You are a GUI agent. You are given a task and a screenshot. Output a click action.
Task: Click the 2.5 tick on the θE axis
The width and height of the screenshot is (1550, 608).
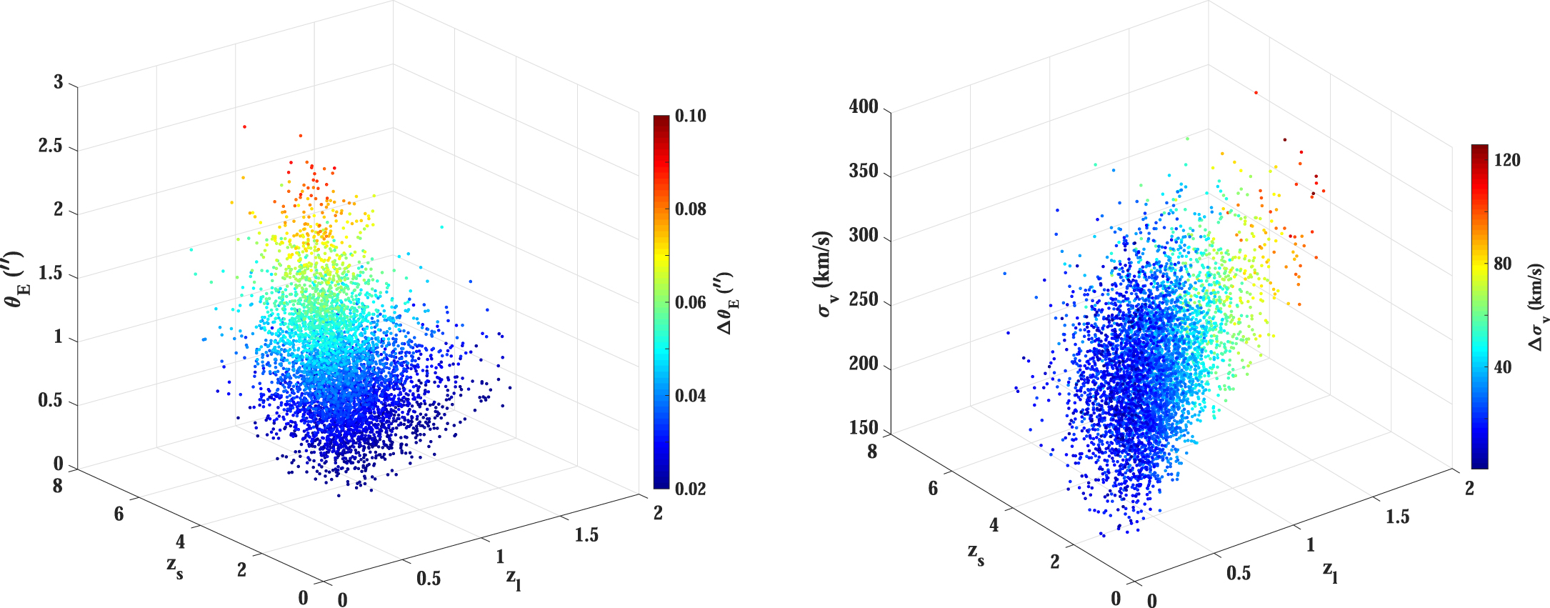coord(49,147)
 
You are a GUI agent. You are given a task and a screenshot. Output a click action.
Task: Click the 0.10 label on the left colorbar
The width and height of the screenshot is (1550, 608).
coord(690,116)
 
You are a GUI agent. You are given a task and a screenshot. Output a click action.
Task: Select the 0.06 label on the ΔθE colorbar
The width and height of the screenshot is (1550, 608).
coord(690,303)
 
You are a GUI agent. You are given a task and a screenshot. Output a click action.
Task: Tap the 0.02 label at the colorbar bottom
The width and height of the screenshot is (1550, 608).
coord(690,489)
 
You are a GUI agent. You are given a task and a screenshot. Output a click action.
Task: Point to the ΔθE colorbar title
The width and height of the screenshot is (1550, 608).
coord(729,303)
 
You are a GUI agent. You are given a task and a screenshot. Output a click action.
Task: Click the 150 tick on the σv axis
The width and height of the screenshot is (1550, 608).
coord(863,428)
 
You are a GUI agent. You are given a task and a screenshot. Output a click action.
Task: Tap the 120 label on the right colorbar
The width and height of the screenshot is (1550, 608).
coord(1507,161)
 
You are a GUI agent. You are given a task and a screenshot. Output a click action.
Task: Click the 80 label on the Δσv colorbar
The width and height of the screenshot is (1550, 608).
coord(1503,264)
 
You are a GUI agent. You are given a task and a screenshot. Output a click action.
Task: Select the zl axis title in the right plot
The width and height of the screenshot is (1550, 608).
coord(1331,572)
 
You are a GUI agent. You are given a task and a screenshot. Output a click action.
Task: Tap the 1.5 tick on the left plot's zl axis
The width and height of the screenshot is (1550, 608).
coord(586,535)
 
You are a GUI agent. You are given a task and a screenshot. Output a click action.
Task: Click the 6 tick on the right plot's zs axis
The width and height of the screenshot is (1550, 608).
coord(933,489)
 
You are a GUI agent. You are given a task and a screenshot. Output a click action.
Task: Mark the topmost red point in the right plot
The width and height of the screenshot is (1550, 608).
coord(1256,92)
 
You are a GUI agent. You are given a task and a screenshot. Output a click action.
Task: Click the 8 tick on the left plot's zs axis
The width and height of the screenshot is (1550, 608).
coord(58,487)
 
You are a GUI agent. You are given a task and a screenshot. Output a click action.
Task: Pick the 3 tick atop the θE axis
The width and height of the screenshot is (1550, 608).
coord(59,83)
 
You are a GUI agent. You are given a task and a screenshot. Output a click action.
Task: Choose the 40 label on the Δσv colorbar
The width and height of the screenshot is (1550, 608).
coord(1503,368)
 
